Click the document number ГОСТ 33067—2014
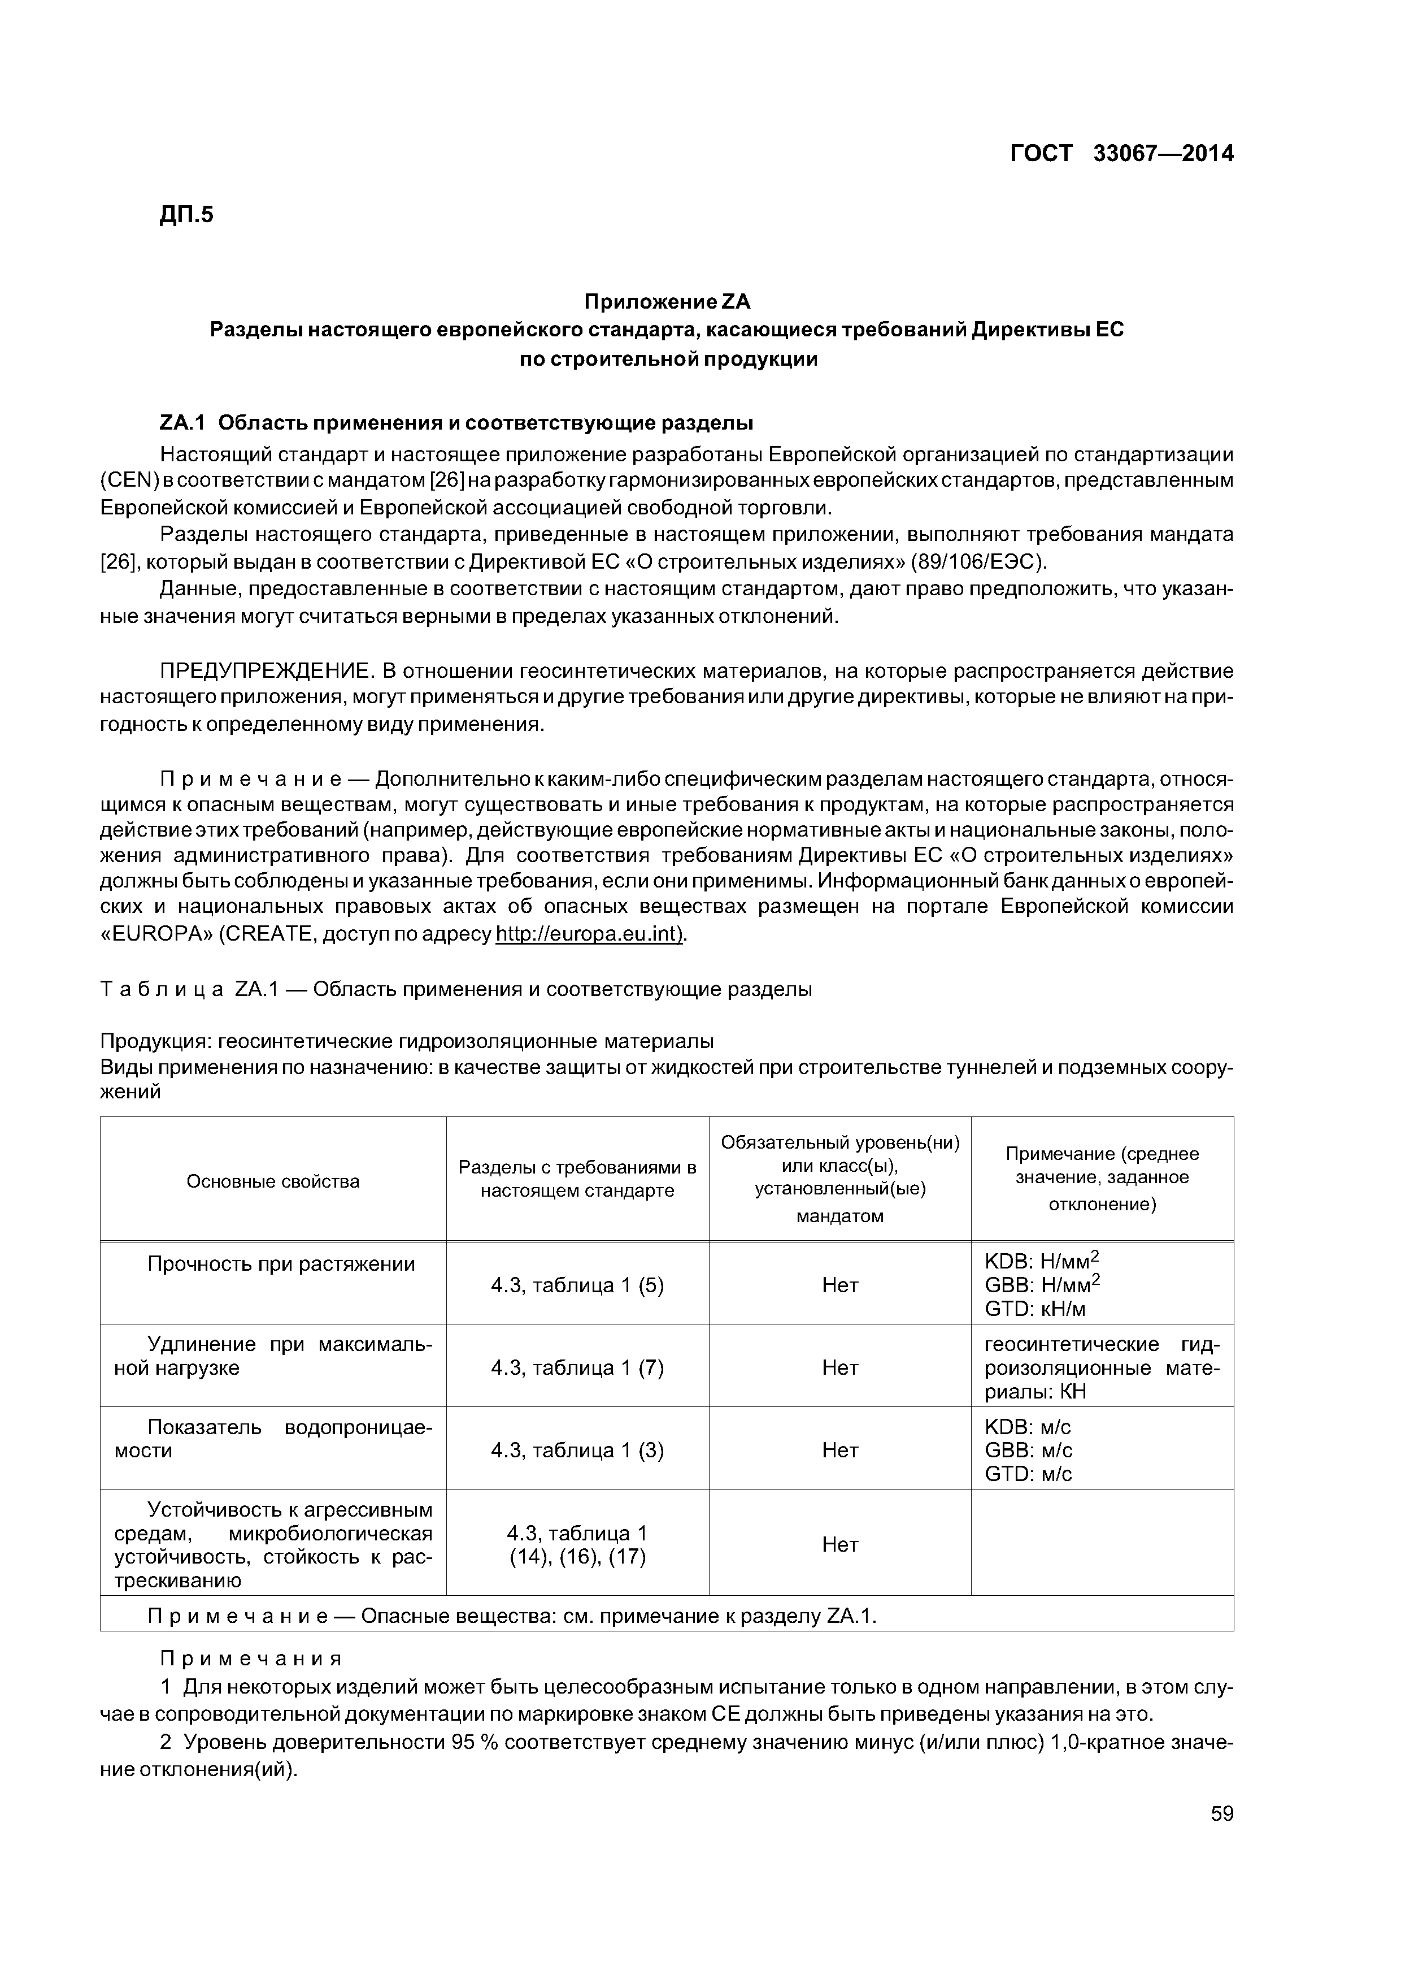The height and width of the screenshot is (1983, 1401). [1121, 154]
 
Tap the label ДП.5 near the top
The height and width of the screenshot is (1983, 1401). [186, 214]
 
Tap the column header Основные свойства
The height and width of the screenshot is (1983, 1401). [273, 1181]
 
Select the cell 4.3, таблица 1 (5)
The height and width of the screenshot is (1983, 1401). [577, 1285]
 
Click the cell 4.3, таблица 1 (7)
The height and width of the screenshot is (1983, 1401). [577, 1367]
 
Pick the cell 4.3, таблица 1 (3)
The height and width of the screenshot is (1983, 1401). [577, 1450]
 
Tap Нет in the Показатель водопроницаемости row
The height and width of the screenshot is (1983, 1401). [840, 1450]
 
